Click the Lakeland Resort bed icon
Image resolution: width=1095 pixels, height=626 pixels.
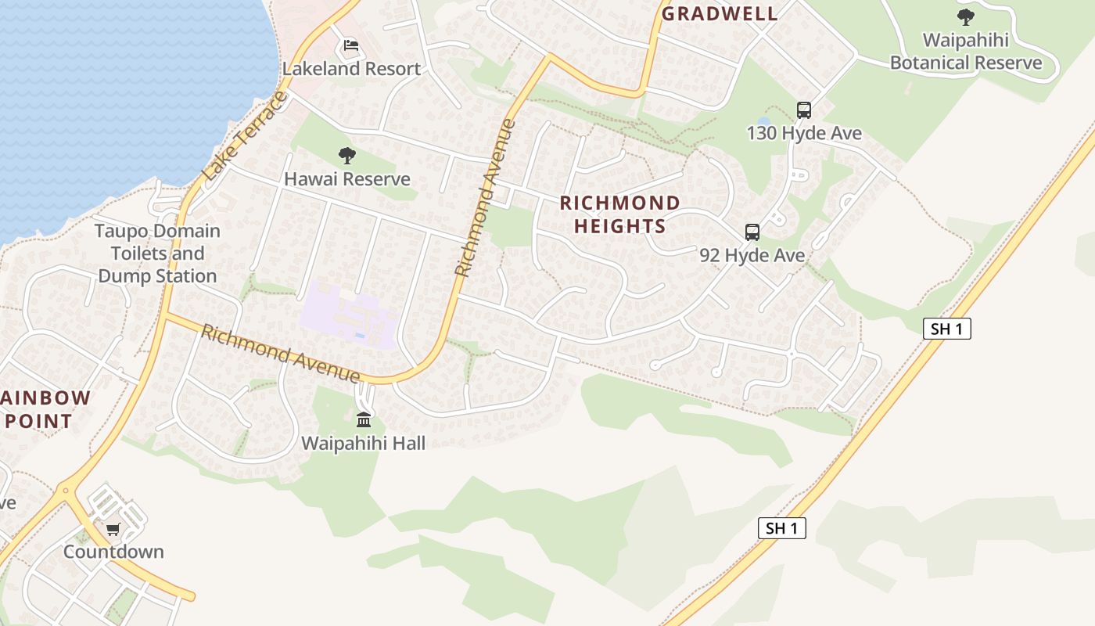(x=351, y=45)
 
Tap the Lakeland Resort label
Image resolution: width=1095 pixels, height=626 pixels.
(x=351, y=69)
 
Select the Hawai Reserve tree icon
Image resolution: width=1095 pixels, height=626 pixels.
(x=347, y=156)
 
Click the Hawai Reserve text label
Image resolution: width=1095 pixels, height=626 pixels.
(x=347, y=179)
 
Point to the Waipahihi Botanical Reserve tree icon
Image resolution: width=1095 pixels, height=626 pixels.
(x=966, y=16)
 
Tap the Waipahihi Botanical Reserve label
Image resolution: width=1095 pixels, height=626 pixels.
(x=966, y=52)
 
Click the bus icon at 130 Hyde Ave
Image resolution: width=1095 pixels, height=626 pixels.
(x=804, y=110)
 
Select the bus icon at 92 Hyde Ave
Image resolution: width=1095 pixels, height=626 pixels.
(x=752, y=232)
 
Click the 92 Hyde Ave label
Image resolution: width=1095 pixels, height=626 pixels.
(x=752, y=255)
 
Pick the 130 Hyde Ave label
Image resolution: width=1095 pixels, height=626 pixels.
(x=804, y=133)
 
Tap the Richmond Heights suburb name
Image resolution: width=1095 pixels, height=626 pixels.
(x=620, y=215)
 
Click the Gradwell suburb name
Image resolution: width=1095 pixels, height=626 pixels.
(x=720, y=13)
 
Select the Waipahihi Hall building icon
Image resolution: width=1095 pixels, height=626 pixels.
(x=364, y=420)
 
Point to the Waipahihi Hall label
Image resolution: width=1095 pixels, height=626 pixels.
(x=364, y=444)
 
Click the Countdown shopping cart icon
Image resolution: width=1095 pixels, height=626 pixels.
(x=113, y=529)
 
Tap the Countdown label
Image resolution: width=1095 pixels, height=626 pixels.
(x=113, y=552)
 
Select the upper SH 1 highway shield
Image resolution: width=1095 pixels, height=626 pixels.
(x=947, y=329)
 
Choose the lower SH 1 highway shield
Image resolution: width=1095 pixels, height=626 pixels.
(x=782, y=528)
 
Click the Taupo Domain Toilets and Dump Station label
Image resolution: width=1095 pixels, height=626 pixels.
(x=158, y=254)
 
